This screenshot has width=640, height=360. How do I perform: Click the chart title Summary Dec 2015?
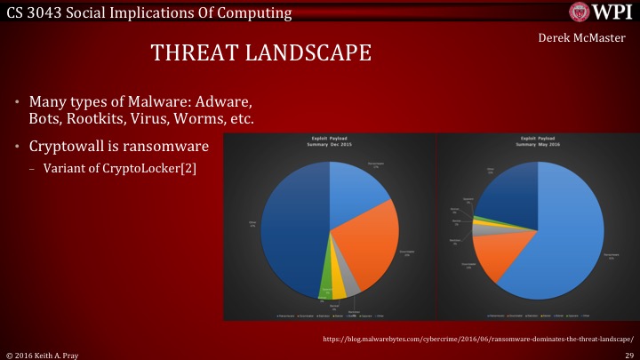[x=328, y=144]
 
